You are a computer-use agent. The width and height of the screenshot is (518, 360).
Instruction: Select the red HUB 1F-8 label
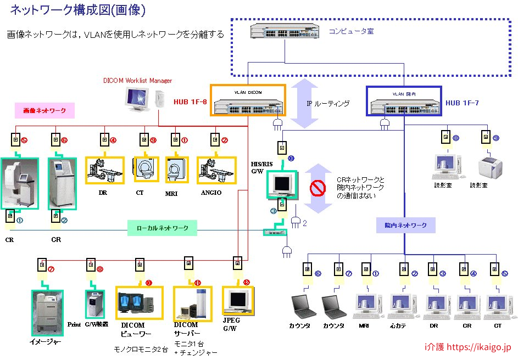(x=190, y=101)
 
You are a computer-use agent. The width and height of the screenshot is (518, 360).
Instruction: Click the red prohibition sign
(x=318, y=188)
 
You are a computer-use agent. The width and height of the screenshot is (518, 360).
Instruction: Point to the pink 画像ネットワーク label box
(x=44, y=111)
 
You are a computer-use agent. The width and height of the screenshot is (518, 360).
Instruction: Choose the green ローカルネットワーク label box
(x=162, y=228)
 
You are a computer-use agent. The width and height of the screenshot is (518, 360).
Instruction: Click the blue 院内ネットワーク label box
(x=405, y=224)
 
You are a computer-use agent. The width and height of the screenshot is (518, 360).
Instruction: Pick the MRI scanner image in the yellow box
(x=177, y=170)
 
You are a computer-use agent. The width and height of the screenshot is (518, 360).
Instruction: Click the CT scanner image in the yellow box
(x=146, y=169)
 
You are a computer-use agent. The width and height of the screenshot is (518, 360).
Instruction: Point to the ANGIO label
(x=211, y=193)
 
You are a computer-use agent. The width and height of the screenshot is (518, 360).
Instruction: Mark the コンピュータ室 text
(x=351, y=32)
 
